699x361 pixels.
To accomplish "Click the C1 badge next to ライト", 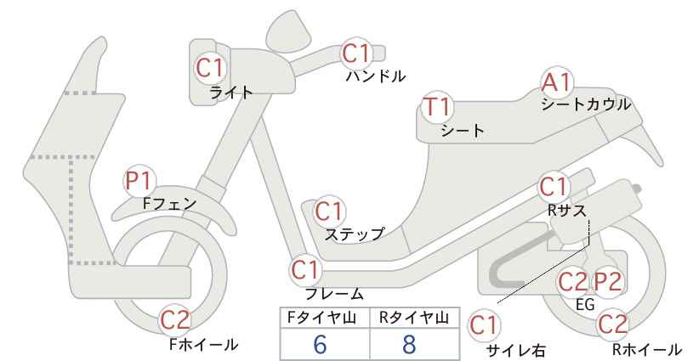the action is tap(210, 68).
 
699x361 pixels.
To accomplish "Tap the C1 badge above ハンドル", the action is tap(356, 54).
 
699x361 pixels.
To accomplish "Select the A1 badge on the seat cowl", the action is tap(556, 82).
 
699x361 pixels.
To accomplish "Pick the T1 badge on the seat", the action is tap(438, 107).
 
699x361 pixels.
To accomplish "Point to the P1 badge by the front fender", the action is tap(139, 181).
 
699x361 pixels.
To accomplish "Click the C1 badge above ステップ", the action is tap(329, 212).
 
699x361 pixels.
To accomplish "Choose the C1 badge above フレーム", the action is tap(305, 270).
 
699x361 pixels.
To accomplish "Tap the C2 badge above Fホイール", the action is tap(175, 320).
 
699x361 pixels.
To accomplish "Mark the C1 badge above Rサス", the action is tap(554, 187).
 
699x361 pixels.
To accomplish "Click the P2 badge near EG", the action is tap(607, 282).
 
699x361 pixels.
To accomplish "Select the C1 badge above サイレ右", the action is tap(484, 326).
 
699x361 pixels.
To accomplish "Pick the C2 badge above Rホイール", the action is tap(612, 324).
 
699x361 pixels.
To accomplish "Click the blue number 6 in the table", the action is tap(320, 344).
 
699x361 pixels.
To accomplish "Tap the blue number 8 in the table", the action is tap(409, 344).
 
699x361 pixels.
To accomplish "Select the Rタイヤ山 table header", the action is tap(413, 318).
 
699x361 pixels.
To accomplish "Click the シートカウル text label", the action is tap(586, 104).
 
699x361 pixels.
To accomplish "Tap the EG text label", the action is tap(585, 304).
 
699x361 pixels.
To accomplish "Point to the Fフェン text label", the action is tap(169, 204).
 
